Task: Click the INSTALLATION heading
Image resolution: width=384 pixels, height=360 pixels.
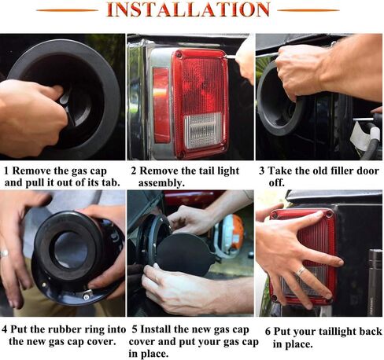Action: [x=188, y=9]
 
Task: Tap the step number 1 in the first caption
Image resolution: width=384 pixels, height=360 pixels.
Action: [x=6, y=171]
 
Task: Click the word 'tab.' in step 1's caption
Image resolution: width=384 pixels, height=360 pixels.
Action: [x=110, y=182]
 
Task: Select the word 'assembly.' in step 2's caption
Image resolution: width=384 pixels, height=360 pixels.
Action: [x=161, y=183]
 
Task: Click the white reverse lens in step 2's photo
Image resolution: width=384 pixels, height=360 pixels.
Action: [x=203, y=130]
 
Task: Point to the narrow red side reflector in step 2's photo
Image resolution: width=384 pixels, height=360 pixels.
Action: [x=161, y=105]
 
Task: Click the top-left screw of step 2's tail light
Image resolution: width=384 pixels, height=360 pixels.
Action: [x=179, y=55]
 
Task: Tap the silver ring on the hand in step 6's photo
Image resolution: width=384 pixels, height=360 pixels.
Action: [x=301, y=271]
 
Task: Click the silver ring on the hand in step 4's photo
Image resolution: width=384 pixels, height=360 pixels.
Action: [x=4, y=253]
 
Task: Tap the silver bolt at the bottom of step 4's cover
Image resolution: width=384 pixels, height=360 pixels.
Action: [x=86, y=296]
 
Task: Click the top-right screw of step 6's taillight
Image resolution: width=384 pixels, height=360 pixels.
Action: [x=329, y=215]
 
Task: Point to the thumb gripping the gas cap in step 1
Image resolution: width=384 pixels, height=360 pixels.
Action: [x=54, y=91]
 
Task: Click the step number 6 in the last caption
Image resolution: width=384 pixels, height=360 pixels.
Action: [x=268, y=332]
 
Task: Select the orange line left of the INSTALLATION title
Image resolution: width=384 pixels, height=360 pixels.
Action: [x=68, y=10]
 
